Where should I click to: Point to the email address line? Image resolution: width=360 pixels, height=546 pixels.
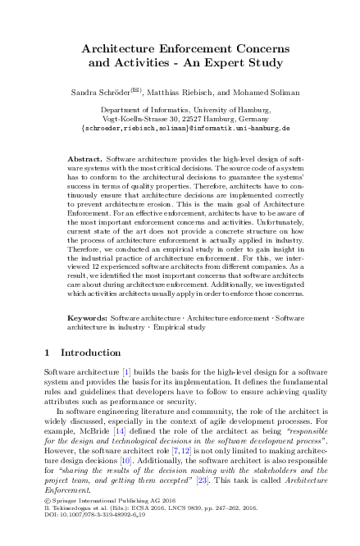pos(180,129)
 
